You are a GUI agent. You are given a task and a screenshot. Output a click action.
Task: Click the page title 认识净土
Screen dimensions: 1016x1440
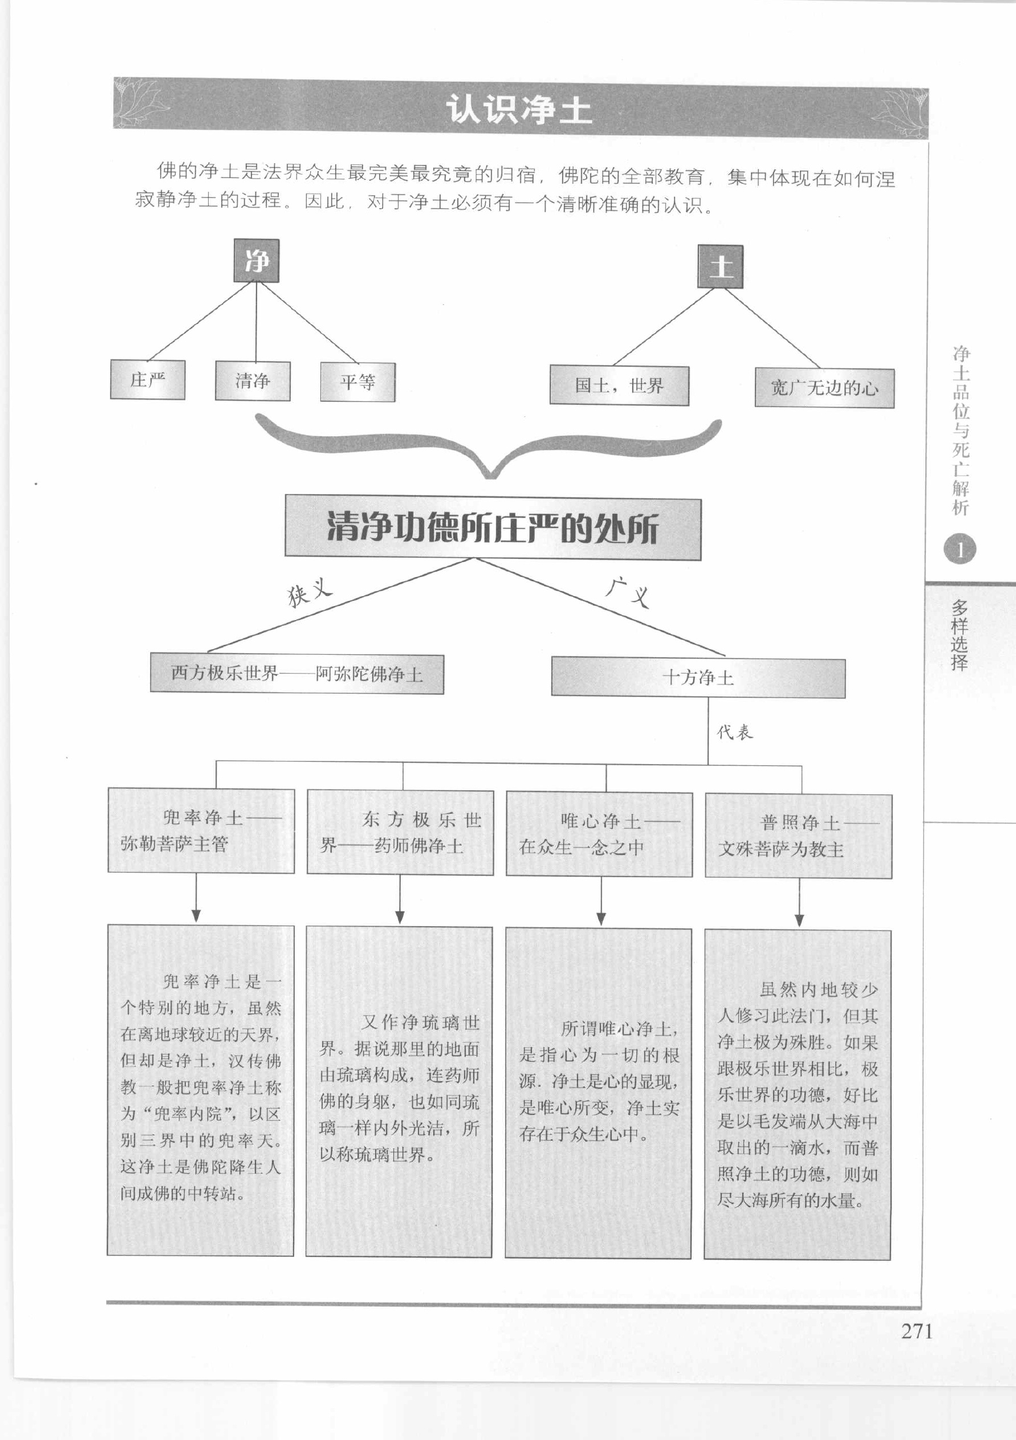(x=519, y=109)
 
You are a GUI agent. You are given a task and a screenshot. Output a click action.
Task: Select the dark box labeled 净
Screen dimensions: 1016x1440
(x=257, y=260)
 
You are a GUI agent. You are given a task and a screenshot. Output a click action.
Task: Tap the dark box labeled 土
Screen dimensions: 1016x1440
(x=721, y=266)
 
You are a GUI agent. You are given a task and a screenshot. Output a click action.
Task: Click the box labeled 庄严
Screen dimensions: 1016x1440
(x=148, y=379)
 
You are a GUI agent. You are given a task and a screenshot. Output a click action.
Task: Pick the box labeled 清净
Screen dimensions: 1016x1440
(x=253, y=381)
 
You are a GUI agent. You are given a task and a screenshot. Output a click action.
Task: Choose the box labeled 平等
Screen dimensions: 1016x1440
(x=357, y=382)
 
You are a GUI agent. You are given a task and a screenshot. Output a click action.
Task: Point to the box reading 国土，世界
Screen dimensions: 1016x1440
(x=619, y=386)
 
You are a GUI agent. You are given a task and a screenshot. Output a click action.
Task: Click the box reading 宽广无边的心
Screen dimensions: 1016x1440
(x=824, y=388)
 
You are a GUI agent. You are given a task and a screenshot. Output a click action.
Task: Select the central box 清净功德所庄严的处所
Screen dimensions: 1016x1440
(x=493, y=528)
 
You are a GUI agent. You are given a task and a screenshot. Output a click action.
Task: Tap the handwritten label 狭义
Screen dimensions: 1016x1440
(x=310, y=591)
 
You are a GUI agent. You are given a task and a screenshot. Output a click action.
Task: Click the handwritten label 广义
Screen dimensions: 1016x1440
(x=628, y=591)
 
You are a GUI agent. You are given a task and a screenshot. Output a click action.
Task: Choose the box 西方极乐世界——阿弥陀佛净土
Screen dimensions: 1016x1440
(x=296, y=674)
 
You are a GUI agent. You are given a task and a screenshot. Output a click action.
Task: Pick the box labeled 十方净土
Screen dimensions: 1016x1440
(x=698, y=678)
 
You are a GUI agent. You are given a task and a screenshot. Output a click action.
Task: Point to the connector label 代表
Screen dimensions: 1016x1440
(x=735, y=732)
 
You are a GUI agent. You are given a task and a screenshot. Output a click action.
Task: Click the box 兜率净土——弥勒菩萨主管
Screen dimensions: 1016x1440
(x=201, y=830)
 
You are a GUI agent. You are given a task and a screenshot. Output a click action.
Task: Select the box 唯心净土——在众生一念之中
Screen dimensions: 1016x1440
(x=599, y=834)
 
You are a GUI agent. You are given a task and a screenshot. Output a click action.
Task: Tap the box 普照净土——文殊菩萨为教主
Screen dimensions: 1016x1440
(x=798, y=836)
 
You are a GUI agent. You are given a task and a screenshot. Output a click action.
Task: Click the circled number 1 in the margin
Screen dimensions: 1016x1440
(x=960, y=549)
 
